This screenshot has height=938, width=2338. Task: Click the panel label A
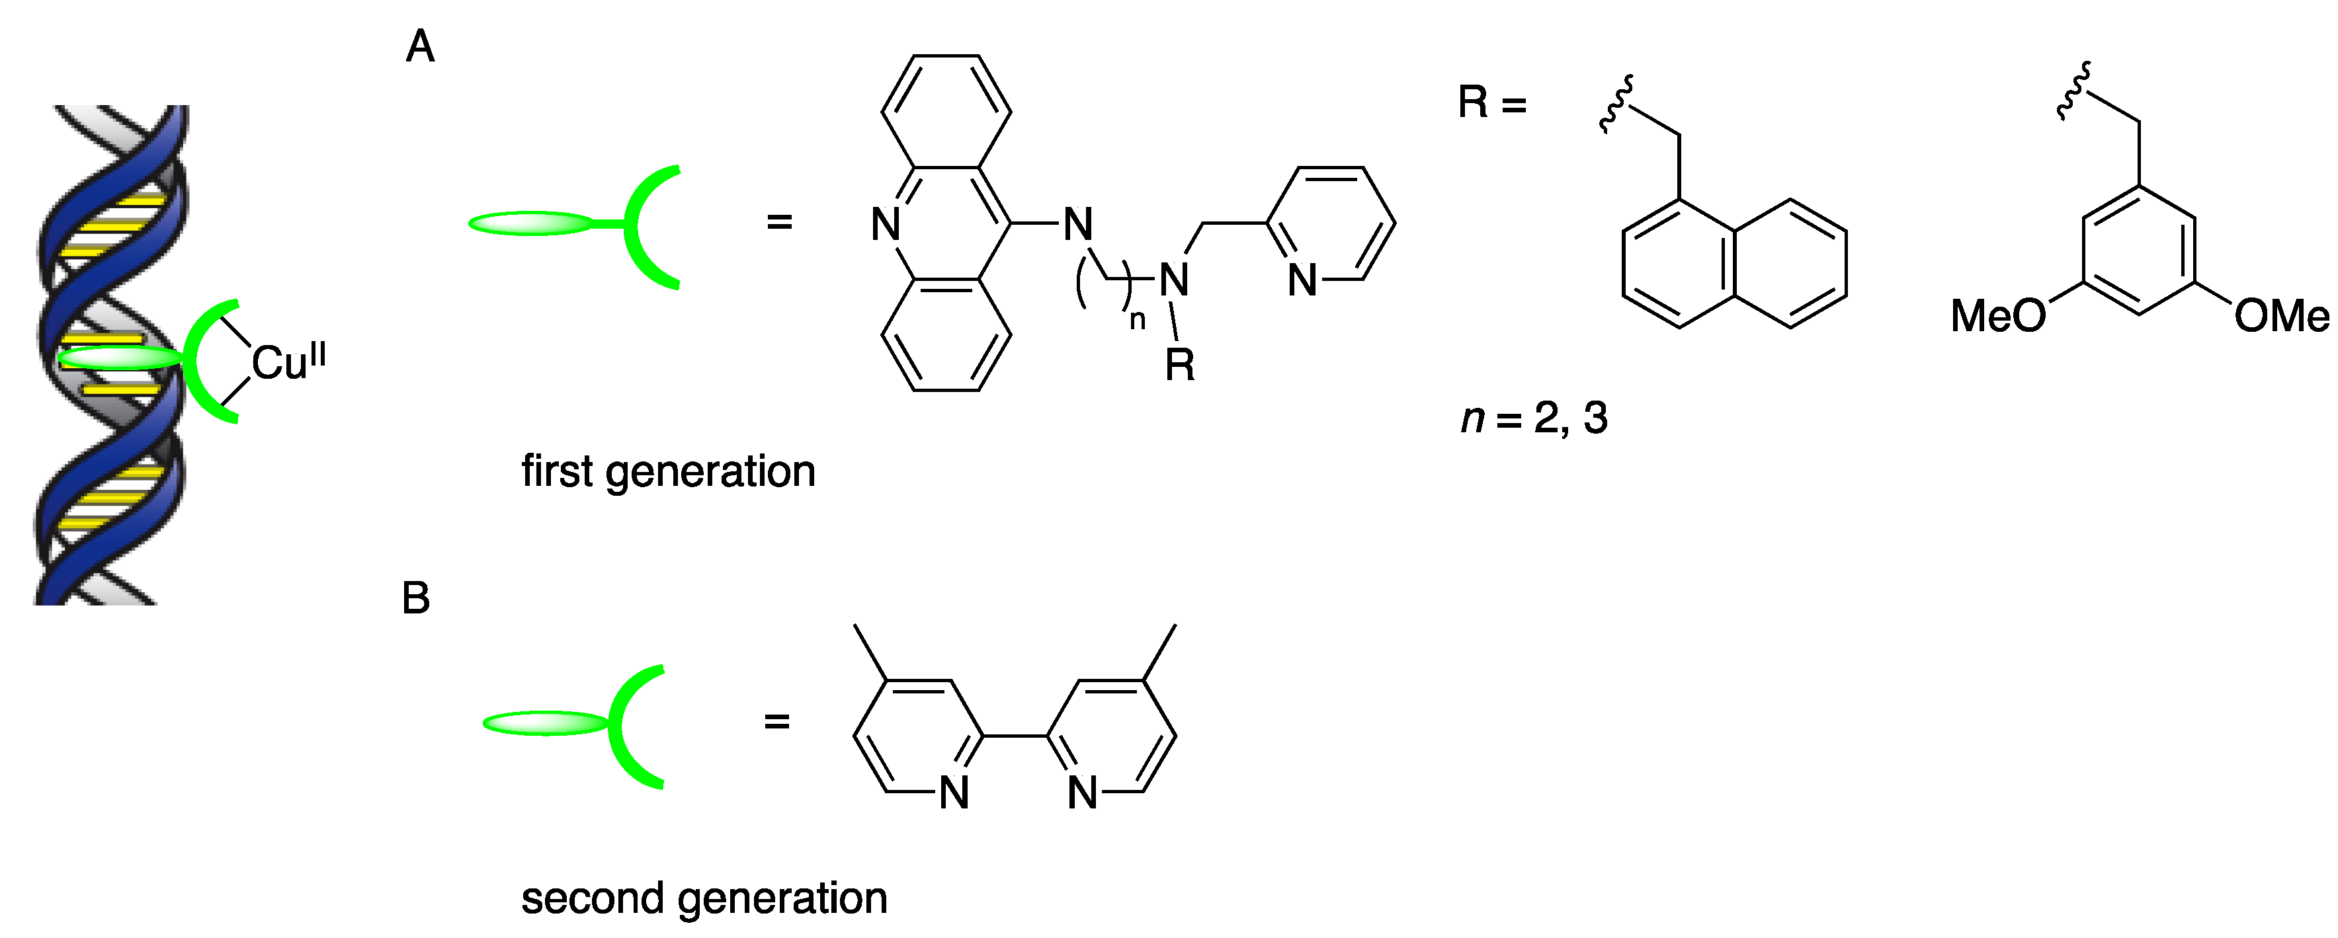pyautogui.click(x=419, y=47)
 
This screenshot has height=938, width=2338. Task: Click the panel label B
pyautogui.click(x=416, y=599)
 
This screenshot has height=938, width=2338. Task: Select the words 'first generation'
pyautogui.click(x=668, y=473)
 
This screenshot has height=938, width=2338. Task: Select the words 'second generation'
pyautogui.click(x=704, y=899)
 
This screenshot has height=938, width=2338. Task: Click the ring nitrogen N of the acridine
pyautogui.click(x=885, y=224)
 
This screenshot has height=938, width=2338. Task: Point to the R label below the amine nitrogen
pyautogui.click(x=1179, y=366)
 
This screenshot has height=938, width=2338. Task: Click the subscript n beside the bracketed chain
pyautogui.click(x=1137, y=319)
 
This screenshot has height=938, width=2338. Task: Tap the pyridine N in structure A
pyautogui.click(x=1302, y=280)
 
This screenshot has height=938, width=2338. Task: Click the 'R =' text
pyautogui.click(x=1491, y=102)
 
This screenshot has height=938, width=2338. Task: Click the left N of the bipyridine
pyautogui.click(x=953, y=793)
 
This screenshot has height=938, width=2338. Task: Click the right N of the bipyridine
pyautogui.click(x=1082, y=793)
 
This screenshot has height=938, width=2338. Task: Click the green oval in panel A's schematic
pyautogui.click(x=531, y=223)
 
